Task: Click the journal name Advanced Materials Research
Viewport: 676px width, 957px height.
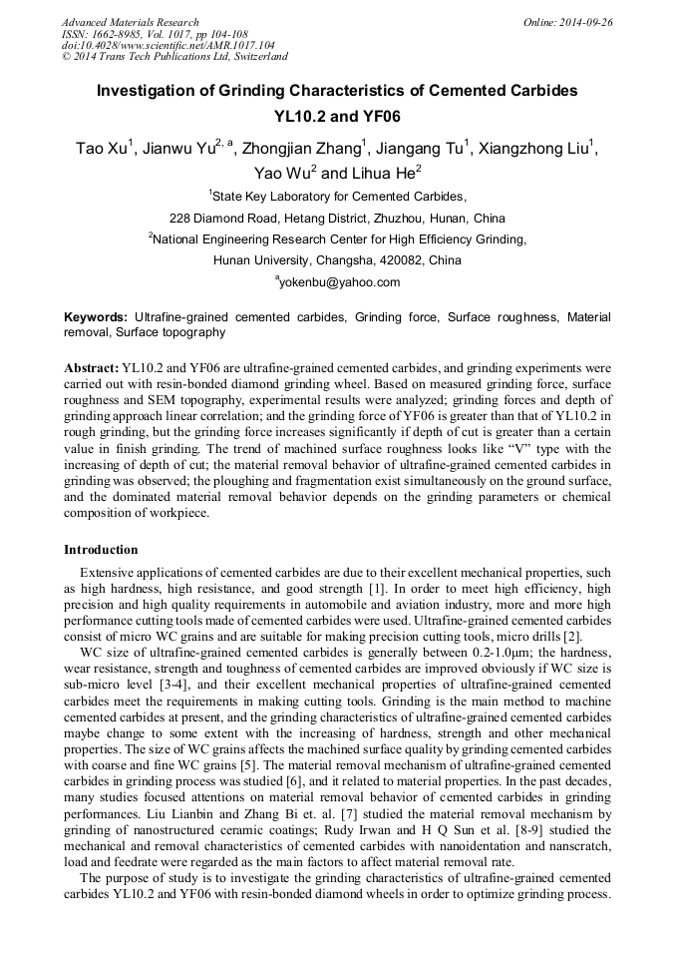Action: pyautogui.click(x=130, y=22)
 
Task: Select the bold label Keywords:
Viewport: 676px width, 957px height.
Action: pyautogui.click(x=96, y=316)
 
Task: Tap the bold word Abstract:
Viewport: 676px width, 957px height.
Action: pyautogui.click(x=92, y=366)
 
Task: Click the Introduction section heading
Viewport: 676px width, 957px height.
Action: pyautogui.click(x=101, y=550)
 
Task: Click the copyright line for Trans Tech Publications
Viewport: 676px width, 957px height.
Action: pyautogui.click(x=174, y=57)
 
